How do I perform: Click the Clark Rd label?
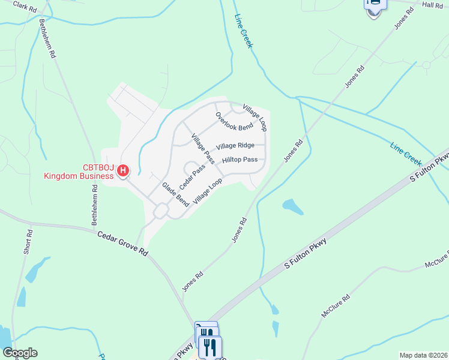pyautogui.click(x=25, y=7)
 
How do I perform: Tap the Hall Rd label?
pyautogui.click(x=432, y=5)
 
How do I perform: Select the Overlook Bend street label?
pyautogui.click(x=234, y=121)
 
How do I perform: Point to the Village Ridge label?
pyautogui.click(x=235, y=146)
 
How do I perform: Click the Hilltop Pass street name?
pyautogui.click(x=240, y=160)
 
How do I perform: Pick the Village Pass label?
pyautogui.click(x=203, y=149)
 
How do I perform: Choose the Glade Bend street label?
pyautogui.click(x=175, y=195)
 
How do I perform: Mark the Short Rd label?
pyautogui.click(x=28, y=241)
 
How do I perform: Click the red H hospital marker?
pyautogui.click(x=123, y=171)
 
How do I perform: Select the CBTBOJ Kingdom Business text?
pyautogui.click(x=78, y=172)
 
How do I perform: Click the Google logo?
pyautogui.click(x=20, y=353)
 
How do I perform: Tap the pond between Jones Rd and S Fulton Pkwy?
pyautogui.click(x=292, y=206)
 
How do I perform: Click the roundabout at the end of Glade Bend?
pyautogui.click(x=161, y=211)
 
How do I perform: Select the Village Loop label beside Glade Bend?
pyautogui.click(x=208, y=189)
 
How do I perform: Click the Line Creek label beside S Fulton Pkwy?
pyautogui.click(x=406, y=154)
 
